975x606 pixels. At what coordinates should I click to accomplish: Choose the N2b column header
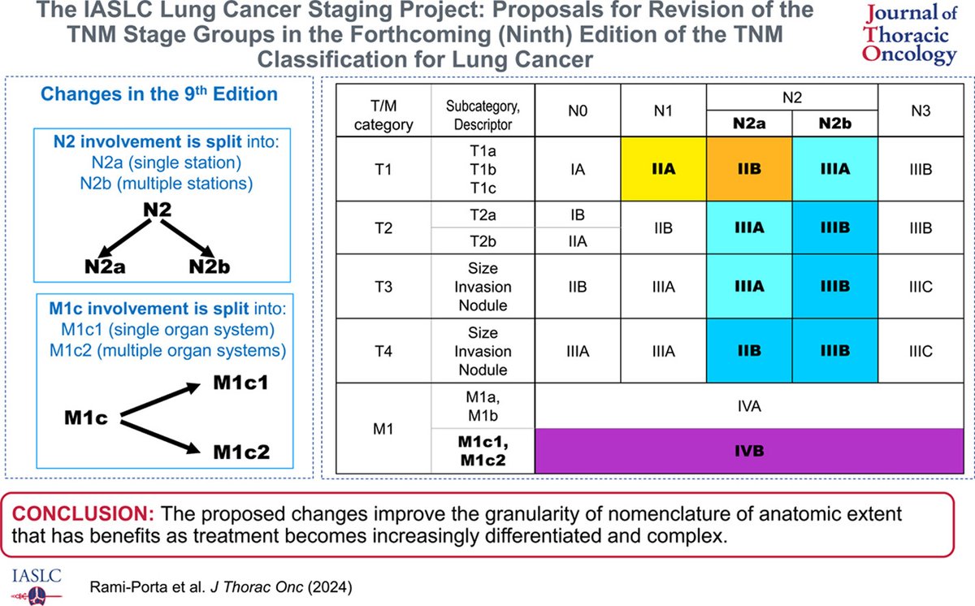(x=834, y=123)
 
